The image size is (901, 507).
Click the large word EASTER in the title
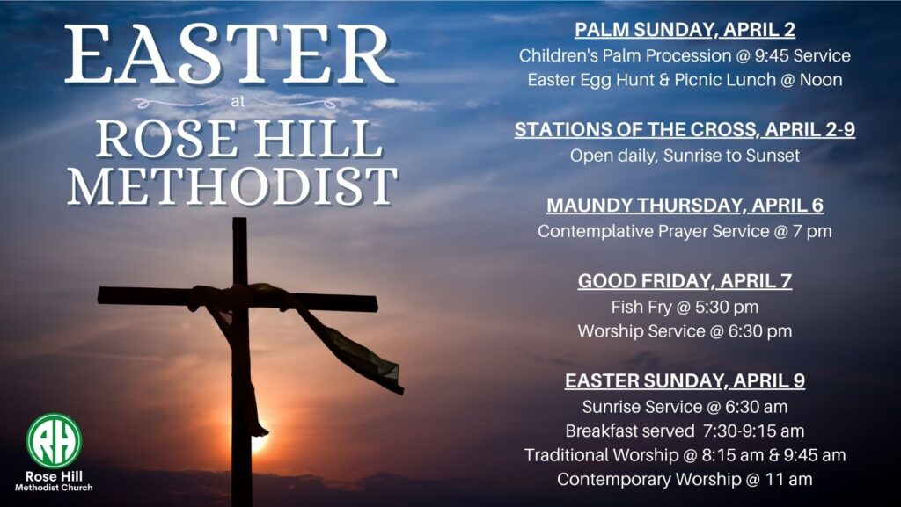tap(230, 54)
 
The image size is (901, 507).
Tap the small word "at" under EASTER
tap(238, 102)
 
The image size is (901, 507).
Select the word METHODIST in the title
tap(232, 187)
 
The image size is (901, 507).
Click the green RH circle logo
tap(54, 440)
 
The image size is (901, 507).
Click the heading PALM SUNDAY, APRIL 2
tap(685, 30)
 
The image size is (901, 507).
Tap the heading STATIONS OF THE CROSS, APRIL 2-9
tap(685, 130)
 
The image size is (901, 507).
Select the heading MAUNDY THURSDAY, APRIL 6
tap(685, 206)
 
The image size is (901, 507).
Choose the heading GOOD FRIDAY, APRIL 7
tap(685, 281)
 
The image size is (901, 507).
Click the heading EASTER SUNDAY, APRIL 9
tap(685, 380)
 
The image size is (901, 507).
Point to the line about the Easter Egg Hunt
tap(685, 80)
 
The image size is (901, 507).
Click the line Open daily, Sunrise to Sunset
tap(685, 156)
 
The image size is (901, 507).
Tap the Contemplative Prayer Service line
tap(685, 231)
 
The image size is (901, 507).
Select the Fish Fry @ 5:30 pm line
tap(685, 307)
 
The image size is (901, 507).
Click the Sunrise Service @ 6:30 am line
tap(685, 407)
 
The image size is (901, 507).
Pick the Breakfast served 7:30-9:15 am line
tap(685, 431)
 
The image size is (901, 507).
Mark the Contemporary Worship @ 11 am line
tap(685, 479)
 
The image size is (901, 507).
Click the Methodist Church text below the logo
tap(54, 488)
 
